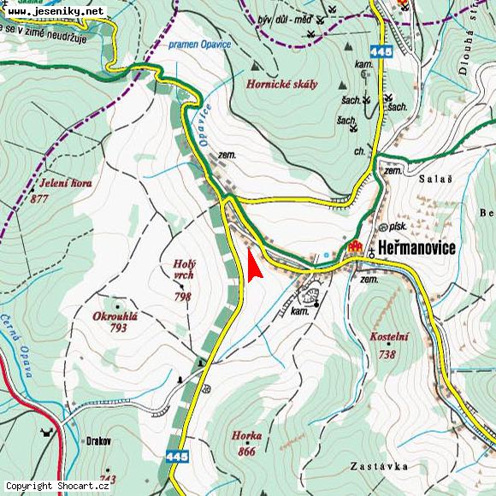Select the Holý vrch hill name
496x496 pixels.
click(x=184, y=270)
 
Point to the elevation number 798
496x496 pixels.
click(x=182, y=297)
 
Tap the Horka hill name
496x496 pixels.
click(x=246, y=435)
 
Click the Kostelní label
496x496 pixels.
click(x=388, y=338)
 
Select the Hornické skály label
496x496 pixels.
click(x=281, y=84)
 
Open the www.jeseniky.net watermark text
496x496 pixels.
click(x=53, y=11)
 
